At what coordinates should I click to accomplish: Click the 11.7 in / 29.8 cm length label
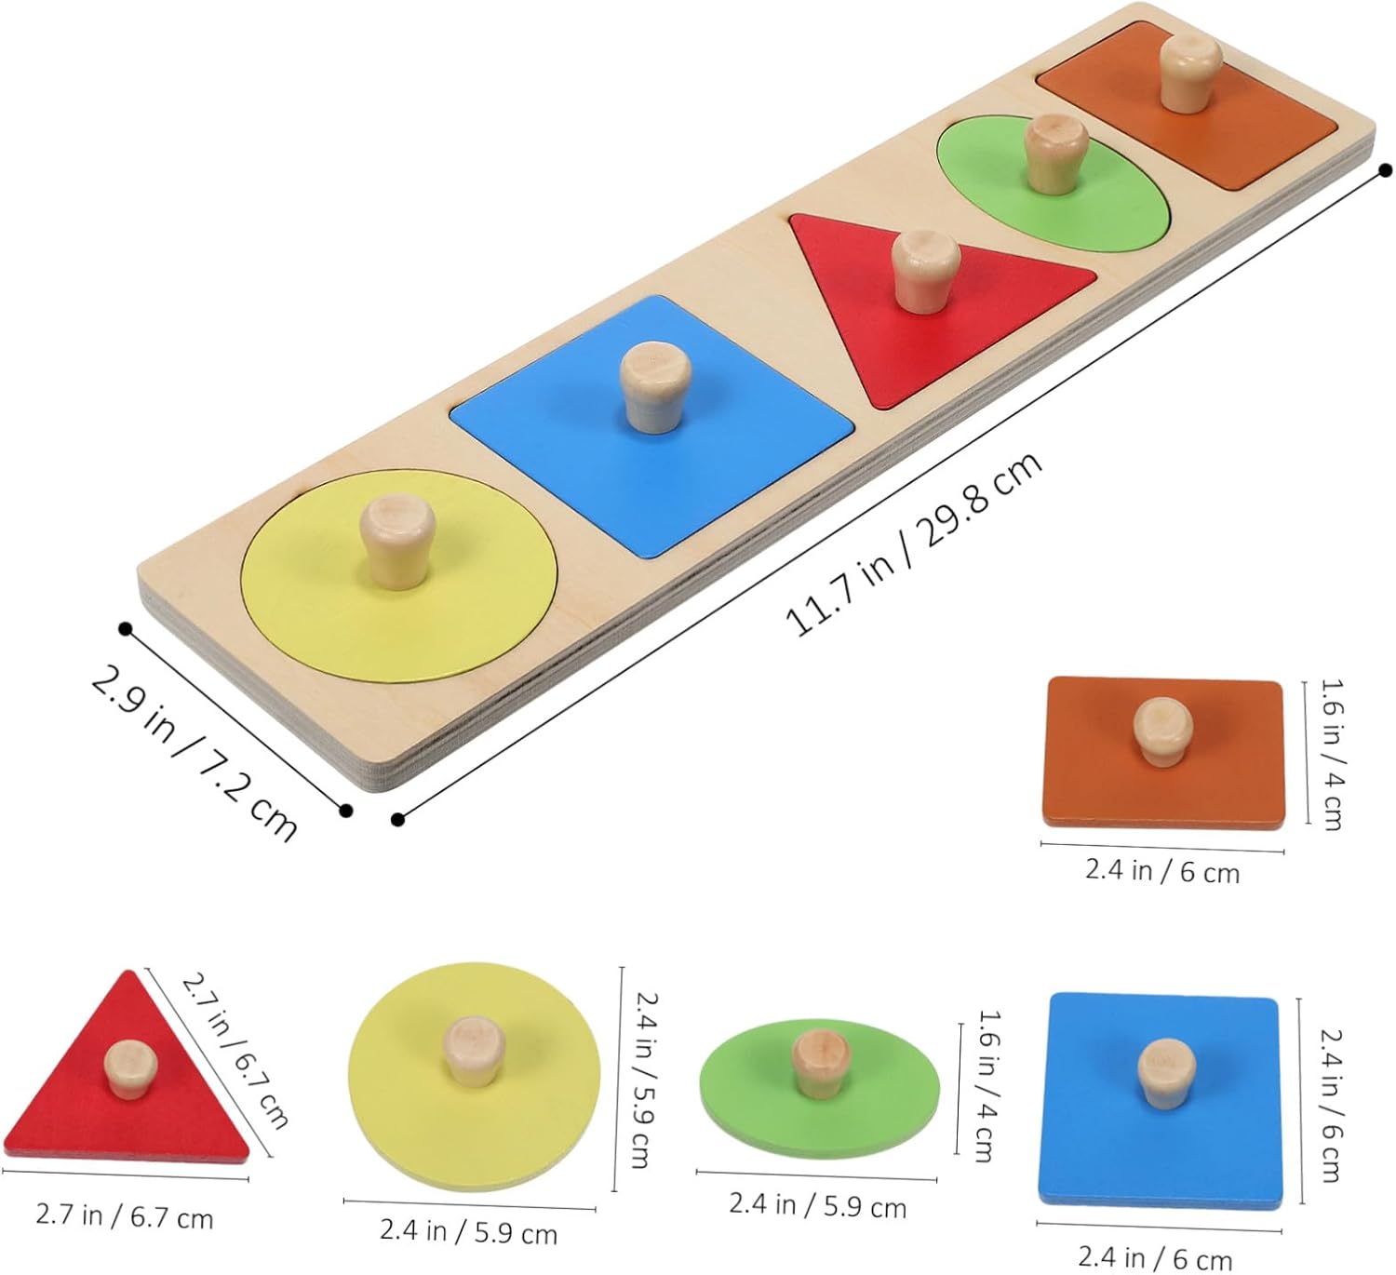(x=914, y=544)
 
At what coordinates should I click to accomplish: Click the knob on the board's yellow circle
(x=397, y=543)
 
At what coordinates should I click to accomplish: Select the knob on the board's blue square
(x=655, y=387)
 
